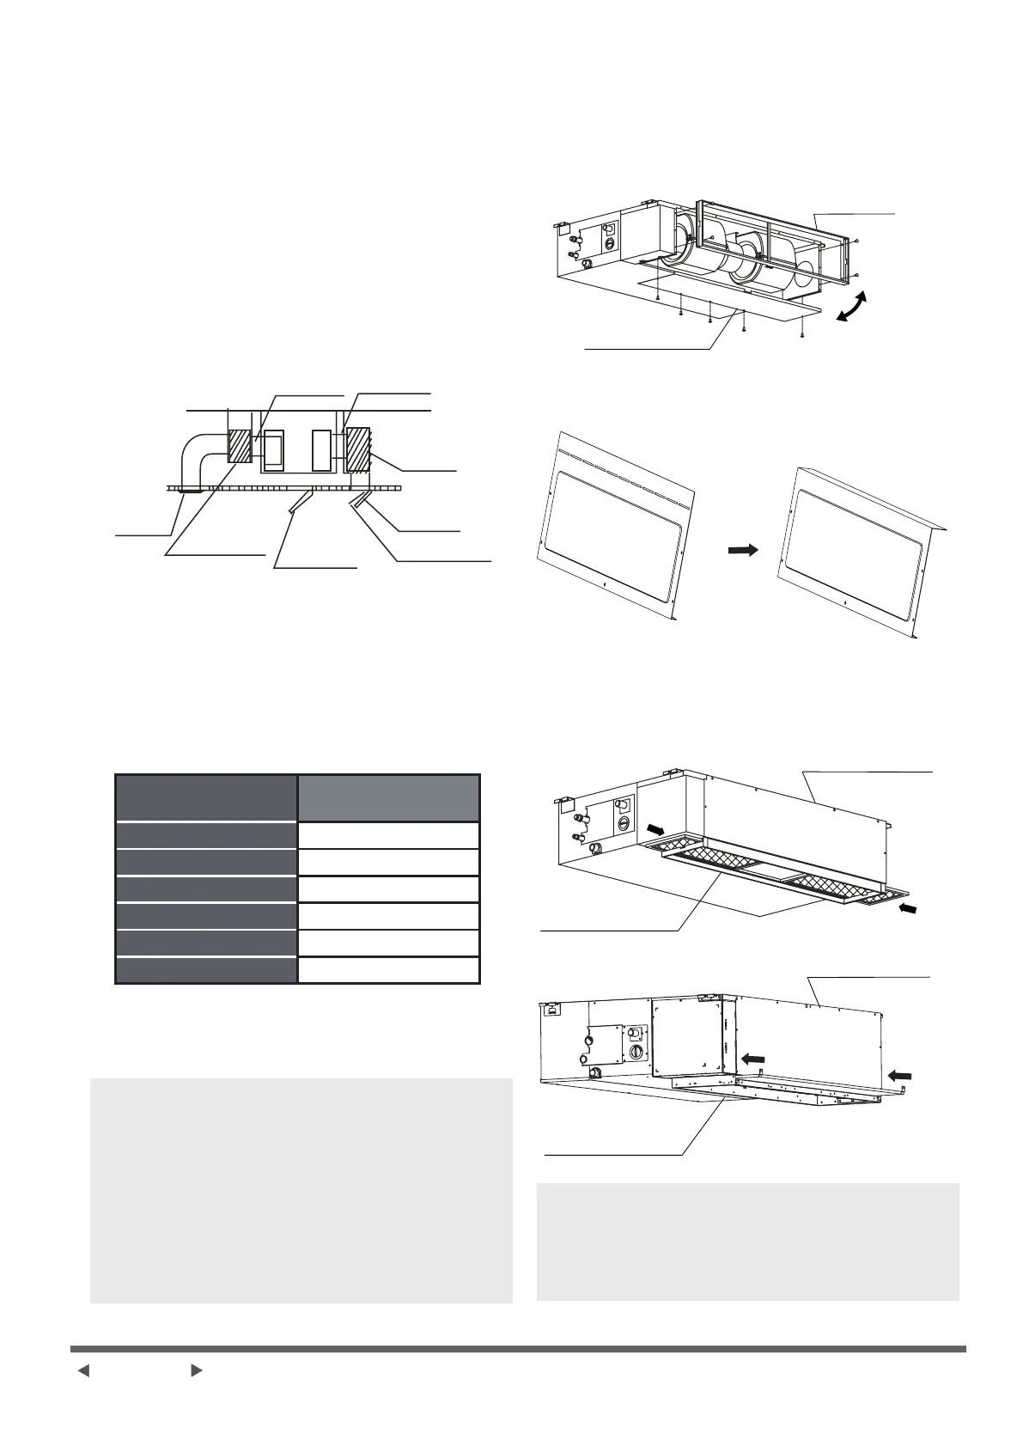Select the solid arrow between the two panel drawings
point(743,550)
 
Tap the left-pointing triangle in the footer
point(83,1371)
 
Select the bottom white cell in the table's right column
point(388,970)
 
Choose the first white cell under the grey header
point(388,836)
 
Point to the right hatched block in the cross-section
point(357,449)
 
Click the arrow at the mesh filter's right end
point(907,907)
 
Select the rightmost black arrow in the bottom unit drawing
point(900,1074)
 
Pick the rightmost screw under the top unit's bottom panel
point(801,333)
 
